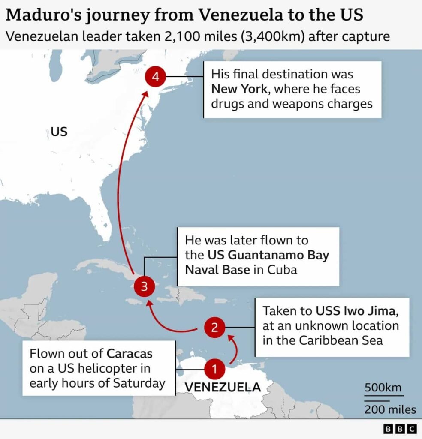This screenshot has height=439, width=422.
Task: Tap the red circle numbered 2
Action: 214,328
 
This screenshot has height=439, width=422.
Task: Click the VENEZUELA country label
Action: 223,387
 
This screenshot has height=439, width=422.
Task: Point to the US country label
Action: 59,131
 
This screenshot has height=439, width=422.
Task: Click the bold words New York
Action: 238,89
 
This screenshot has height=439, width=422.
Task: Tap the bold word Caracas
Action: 130,355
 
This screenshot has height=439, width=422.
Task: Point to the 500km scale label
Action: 383,388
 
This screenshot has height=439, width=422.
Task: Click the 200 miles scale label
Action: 390,409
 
